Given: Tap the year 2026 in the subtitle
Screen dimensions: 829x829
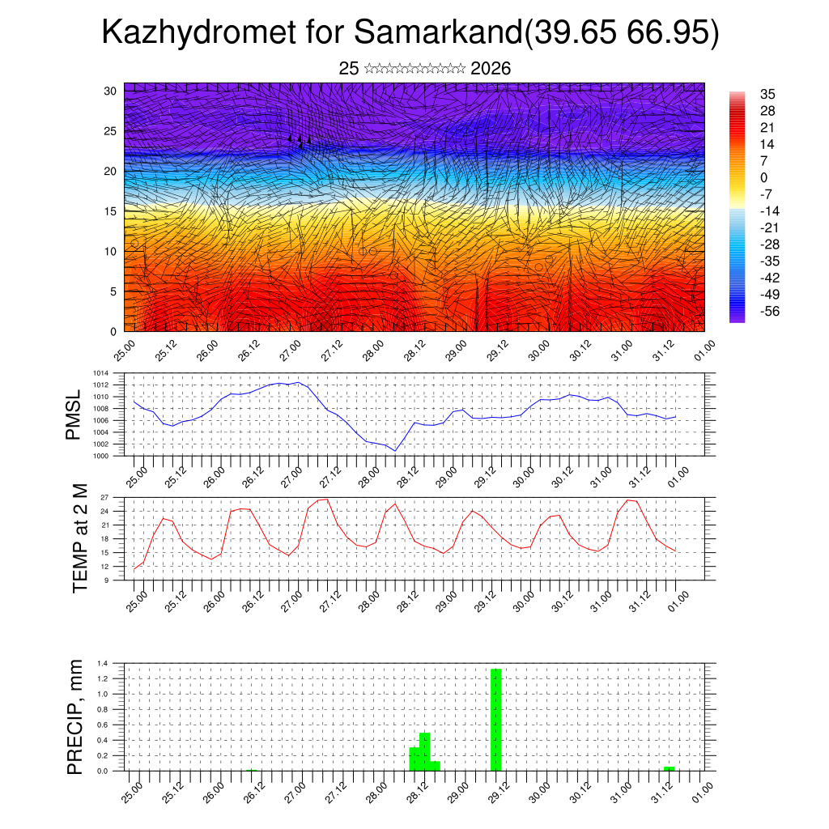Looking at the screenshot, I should (491, 69).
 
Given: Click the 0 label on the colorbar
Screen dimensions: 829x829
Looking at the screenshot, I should (764, 178).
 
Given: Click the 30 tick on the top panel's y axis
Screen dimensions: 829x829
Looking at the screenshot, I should (111, 91).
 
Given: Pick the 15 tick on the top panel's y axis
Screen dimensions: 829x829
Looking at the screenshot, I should (111, 211).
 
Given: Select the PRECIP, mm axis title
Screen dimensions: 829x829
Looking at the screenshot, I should (75, 716).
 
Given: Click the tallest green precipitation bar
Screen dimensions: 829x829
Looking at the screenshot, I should (496, 719).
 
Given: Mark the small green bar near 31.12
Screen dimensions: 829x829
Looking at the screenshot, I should (669, 768).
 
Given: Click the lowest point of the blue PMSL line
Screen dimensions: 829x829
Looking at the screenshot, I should (394, 450).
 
